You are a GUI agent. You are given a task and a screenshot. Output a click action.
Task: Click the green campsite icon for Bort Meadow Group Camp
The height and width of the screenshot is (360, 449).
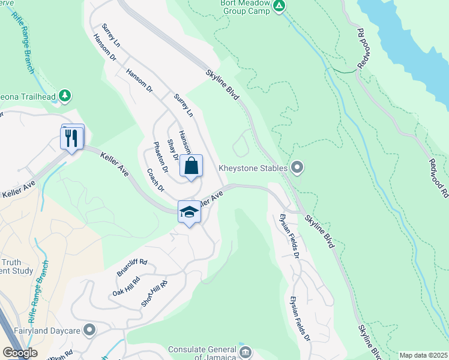tap(279, 6)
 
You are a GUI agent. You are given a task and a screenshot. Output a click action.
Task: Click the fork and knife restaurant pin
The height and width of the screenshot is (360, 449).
tap(73, 137)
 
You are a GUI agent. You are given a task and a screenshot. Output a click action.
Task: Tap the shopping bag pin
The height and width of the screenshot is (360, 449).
tap(191, 166)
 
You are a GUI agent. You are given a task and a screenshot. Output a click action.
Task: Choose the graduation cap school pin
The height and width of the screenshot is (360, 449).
tap(189, 212)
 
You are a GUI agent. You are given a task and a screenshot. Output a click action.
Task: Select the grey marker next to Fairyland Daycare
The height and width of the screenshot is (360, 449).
tap(89, 329)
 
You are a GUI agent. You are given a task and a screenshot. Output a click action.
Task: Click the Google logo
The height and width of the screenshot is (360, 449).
tap(20, 353)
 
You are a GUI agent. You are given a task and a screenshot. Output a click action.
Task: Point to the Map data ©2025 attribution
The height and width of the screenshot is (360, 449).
tap(423, 355)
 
